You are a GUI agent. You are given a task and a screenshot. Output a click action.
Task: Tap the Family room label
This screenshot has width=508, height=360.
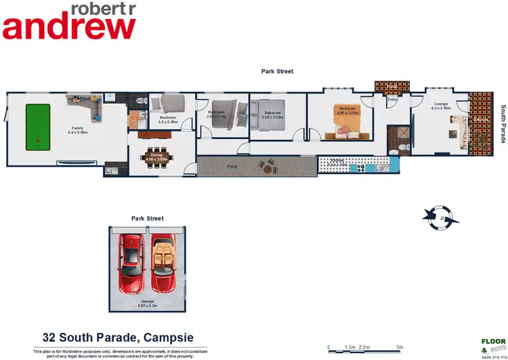(72, 130)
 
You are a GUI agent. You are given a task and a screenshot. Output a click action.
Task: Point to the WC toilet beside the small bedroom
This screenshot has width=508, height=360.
(140, 102)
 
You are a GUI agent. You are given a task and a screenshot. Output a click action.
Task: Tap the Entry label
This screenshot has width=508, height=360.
(391, 100)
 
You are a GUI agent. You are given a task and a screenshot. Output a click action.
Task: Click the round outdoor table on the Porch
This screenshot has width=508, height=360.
(271, 165)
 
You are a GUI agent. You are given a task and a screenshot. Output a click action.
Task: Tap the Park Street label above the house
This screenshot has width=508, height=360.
(278, 71)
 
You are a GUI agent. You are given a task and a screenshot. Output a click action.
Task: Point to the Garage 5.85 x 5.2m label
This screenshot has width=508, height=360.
(147, 303)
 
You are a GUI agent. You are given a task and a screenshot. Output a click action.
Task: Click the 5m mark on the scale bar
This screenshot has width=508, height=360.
(400, 347)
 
